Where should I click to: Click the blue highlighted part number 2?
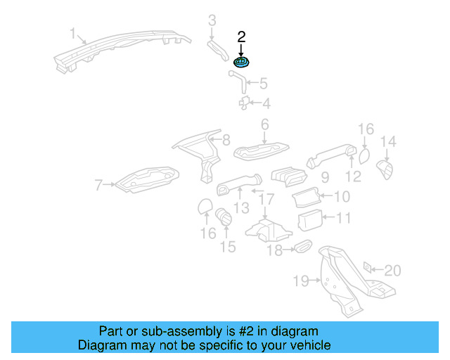(242, 61)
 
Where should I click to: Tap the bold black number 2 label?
(241, 37)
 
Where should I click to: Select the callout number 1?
(72, 33)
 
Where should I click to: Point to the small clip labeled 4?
(243, 103)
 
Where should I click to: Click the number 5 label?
(263, 84)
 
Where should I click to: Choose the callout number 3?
(212, 20)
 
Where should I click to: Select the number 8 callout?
(226, 140)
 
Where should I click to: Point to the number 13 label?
(241, 207)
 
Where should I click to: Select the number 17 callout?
(264, 200)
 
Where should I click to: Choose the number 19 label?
(301, 281)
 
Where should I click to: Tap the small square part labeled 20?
(367, 268)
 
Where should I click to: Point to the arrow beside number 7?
(109, 186)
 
